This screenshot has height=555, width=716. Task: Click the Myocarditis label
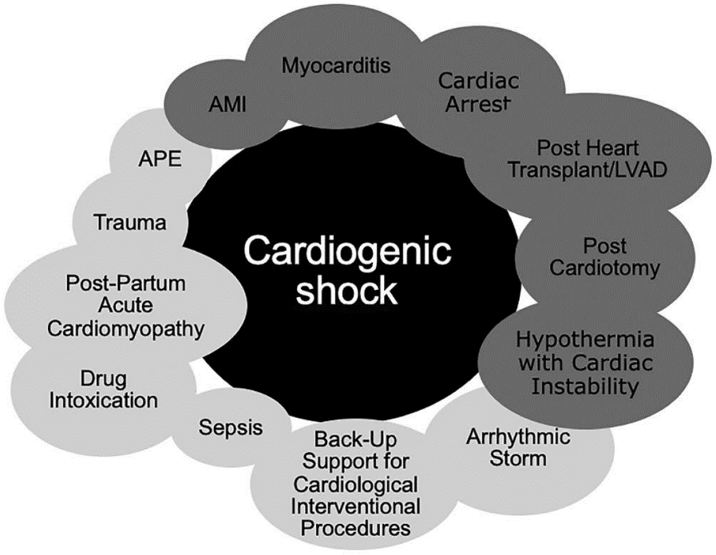click(x=336, y=65)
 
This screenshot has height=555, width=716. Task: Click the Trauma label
click(x=129, y=222)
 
